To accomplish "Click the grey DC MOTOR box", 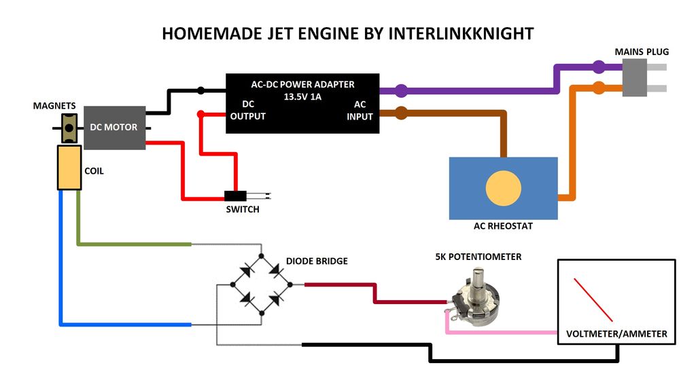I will point(114,127).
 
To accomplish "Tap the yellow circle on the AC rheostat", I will point(504,188).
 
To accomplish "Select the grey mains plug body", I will point(635,77).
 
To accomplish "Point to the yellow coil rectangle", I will point(69,168).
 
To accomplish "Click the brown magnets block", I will point(69,127).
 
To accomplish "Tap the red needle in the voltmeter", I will point(593,299).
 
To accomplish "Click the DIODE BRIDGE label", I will point(317,261).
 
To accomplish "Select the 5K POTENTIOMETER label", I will point(478,257).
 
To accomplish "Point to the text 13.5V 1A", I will point(302,96).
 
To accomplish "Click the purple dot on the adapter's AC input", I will point(402,90).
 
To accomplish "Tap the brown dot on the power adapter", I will point(401,112).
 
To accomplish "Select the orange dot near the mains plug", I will point(599,88).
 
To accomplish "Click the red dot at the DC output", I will point(201,114).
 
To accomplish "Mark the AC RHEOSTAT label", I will point(503,226).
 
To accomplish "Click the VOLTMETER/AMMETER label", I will point(616,334).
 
